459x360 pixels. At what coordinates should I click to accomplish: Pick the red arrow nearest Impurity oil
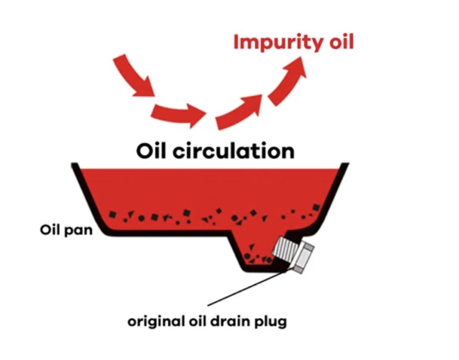point(289,81)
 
